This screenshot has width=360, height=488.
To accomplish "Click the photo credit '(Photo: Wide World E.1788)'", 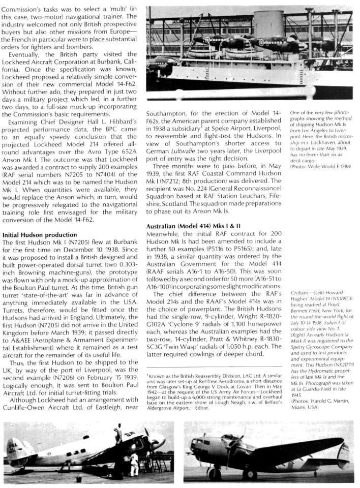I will pos(318,181).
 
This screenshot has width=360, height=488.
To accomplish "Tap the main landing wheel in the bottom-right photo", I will pos(250,473).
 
